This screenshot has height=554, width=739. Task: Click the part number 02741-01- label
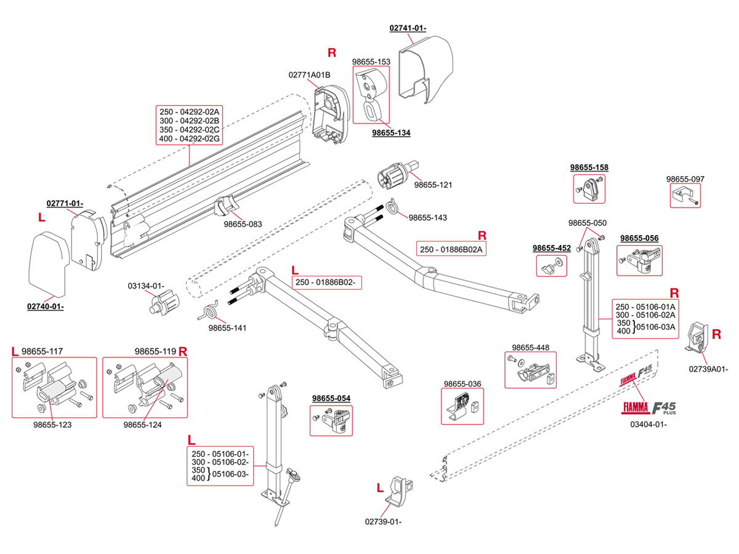pyautogui.click(x=408, y=28)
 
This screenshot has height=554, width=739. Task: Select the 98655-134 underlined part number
pyautogui.click(x=391, y=132)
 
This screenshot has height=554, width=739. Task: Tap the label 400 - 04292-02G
pyautogui.click(x=189, y=138)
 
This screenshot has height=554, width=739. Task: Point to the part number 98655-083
pyautogui.click(x=243, y=224)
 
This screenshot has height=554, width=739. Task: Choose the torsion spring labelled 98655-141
pyautogui.click(x=208, y=310)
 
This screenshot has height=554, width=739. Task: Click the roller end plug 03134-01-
pyautogui.click(x=164, y=302)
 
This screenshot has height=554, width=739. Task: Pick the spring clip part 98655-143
pyautogui.click(x=392, y=206)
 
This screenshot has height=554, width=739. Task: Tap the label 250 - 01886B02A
pyautogui.click(x=451, y=249)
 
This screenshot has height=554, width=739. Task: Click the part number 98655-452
pyautogui.click(x=551, y=248)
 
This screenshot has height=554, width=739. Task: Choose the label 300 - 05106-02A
pyautogui.click(x=645, y=315)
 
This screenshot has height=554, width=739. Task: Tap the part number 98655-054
pyautogui.click(x=331, y=398)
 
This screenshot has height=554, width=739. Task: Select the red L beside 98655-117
pyautogui.click(x=15, y=351)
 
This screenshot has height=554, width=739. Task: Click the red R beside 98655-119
pyautogui.click(x=182, y=351)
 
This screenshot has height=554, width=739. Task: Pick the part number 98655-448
pyautogui.click(x=530, y=347)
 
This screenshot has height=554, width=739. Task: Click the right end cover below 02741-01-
pyautogui.click(x=426, y=69)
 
